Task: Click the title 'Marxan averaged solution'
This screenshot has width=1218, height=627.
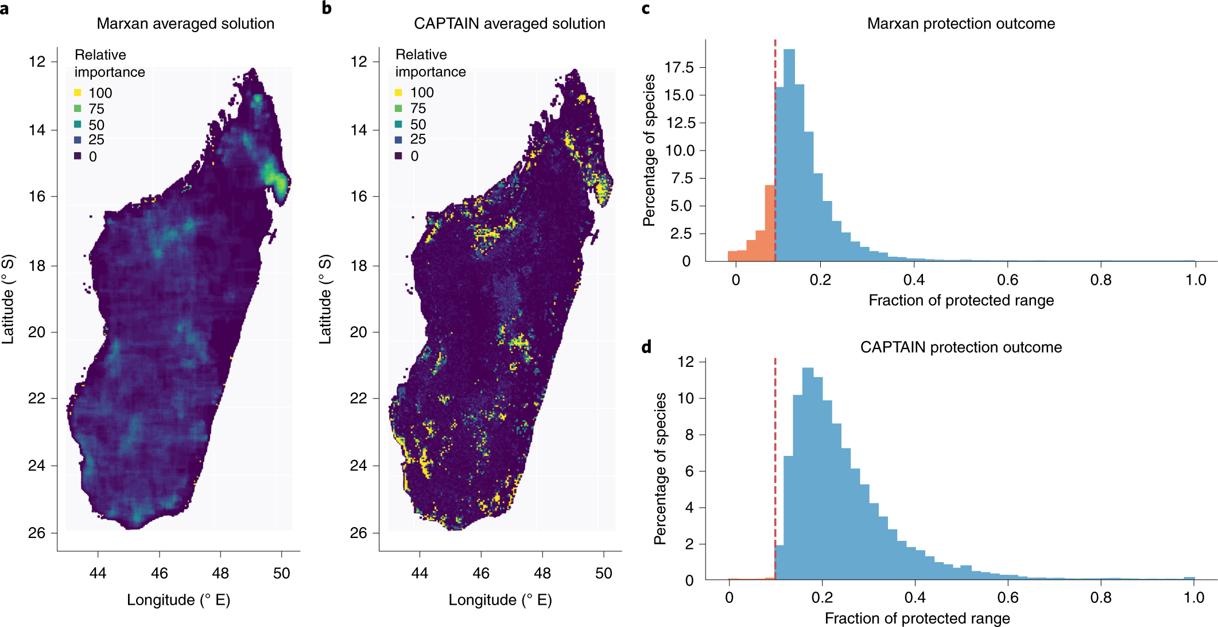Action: [185, 24]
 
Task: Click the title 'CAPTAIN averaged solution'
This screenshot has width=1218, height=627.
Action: [509, 24]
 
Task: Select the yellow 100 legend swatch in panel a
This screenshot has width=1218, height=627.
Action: [77, 92]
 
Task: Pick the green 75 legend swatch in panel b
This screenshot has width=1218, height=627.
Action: [398, 109]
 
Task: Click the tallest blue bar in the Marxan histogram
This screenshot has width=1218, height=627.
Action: [789, 155]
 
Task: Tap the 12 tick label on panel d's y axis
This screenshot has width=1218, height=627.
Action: [685, 362]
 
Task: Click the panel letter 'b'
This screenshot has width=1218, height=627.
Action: [327, 8]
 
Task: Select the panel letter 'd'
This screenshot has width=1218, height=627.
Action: [646, 347]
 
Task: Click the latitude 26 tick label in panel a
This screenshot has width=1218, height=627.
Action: [37, 533]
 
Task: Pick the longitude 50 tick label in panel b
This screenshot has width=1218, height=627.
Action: [603, 573]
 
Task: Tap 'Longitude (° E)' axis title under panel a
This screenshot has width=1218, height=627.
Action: [179, 600]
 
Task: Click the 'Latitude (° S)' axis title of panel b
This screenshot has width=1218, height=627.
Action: [325, 299]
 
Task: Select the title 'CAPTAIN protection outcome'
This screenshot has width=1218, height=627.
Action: [961, 347]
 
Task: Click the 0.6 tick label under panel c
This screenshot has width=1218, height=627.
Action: [1007, 280]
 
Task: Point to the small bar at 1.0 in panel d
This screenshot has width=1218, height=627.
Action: [1190, 579]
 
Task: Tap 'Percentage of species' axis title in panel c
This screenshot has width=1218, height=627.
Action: [649, 150]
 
